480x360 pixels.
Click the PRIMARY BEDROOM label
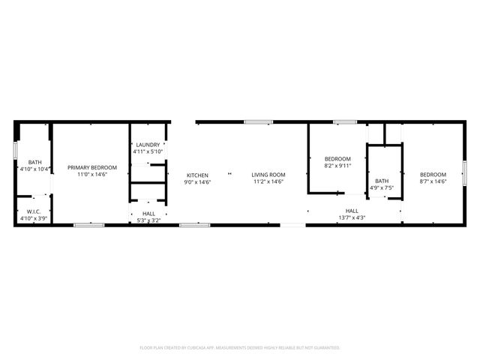tap(92, 167)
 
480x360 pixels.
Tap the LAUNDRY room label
tap(148, 145)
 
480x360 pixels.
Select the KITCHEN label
tap(198, 175)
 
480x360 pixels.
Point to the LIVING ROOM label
tap(268, 175)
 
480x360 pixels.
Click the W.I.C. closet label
tap(34, 211)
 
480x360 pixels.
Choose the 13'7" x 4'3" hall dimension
tap(352, 217)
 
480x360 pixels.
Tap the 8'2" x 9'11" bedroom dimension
tap(337, 166)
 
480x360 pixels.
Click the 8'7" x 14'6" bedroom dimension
tap(433, 181)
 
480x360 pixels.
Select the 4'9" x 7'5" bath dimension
tap(382, 187)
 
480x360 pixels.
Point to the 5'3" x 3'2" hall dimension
tap(148, 220)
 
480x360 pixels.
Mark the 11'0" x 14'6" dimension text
tap(92, 174)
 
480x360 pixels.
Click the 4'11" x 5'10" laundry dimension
tap(148, 151)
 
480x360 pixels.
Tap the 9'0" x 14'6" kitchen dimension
tap(198, 181)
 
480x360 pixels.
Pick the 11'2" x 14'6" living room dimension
tap(268, 181)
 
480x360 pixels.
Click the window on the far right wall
tap(464, 173)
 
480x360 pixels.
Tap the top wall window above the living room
tap(257, 121)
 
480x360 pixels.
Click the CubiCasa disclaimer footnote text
tap(240, 348)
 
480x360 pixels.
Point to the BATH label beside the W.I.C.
tap(35, 162)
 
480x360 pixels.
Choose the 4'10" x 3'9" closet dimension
tap(34, 218)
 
